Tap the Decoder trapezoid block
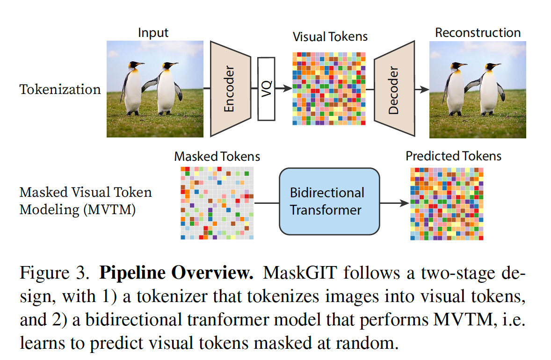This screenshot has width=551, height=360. click(x=394, y=89)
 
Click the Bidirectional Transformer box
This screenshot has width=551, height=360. click(x=329, y=201)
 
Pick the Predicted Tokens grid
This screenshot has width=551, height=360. click(x=447, y=203)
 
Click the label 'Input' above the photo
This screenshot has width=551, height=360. click(x=153, y=33)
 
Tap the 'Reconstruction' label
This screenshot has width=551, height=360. click(x=478, y=33)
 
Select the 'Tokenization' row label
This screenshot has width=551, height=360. click(x=60, y=89)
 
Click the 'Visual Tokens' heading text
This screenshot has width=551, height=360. click(x=330, y=36)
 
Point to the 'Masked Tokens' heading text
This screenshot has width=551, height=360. click(x=217, y=156)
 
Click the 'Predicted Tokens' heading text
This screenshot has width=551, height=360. click(x=453, y=156)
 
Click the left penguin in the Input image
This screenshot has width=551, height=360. click(x=132, y=89)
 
